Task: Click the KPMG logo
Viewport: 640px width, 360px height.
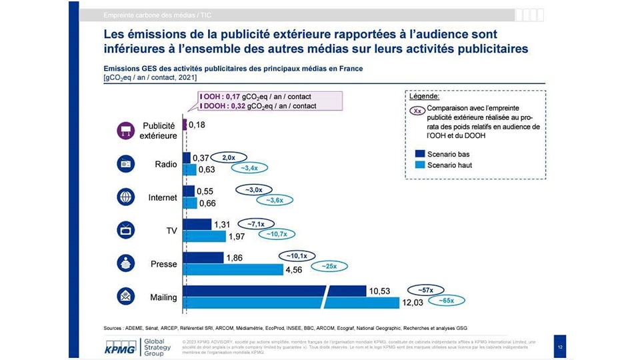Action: [121, 346]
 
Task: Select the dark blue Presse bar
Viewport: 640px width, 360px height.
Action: [203, 257]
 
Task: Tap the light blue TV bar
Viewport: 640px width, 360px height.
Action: [205, 236]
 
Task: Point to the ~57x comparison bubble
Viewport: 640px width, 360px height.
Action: [425, 290]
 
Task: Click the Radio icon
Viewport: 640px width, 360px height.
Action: [126, 164]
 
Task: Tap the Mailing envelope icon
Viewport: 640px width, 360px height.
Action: [126, 296]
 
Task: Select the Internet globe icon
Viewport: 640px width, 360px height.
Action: [126, 197]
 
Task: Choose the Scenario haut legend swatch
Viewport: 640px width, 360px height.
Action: [421, 165]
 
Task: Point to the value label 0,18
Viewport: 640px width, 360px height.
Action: [197, 125]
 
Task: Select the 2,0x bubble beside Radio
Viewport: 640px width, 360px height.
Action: [228, 157]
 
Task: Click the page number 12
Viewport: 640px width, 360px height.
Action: [559, 347]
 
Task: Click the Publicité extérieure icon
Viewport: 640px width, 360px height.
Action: [126, 131]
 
